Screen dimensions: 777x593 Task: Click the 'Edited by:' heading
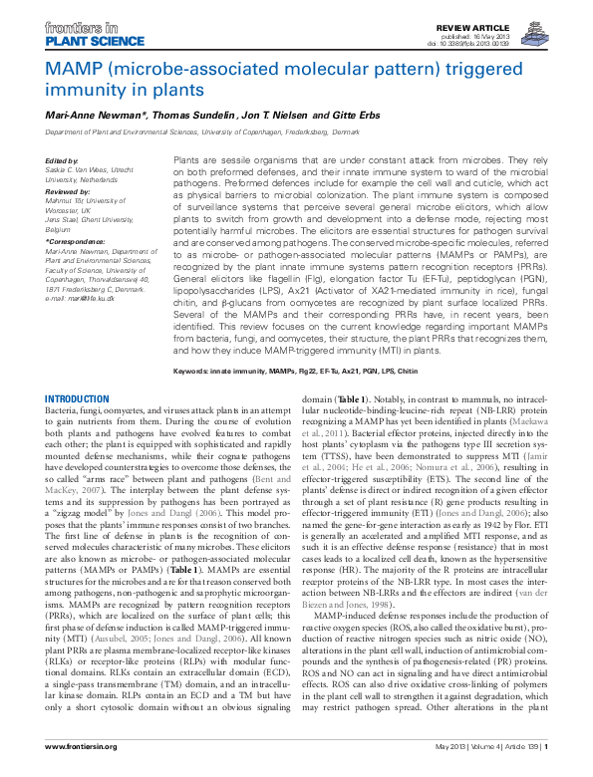point(63,160)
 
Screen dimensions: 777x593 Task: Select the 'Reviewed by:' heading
point(68,189)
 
